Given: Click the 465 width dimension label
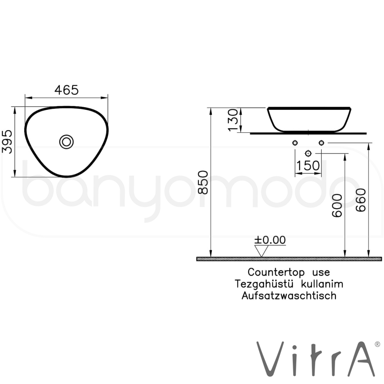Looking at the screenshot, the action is [66, 90].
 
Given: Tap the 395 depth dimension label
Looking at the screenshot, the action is [7, 142].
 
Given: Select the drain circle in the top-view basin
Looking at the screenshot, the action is [66, 142].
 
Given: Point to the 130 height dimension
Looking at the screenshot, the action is [233, 120].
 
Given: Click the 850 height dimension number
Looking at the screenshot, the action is [203, 182].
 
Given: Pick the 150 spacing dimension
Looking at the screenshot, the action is [308, 166].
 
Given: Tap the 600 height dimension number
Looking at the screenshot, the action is [337, 205].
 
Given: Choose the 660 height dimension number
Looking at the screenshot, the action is [361, 200].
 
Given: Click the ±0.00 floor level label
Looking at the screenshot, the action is [270, 240].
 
